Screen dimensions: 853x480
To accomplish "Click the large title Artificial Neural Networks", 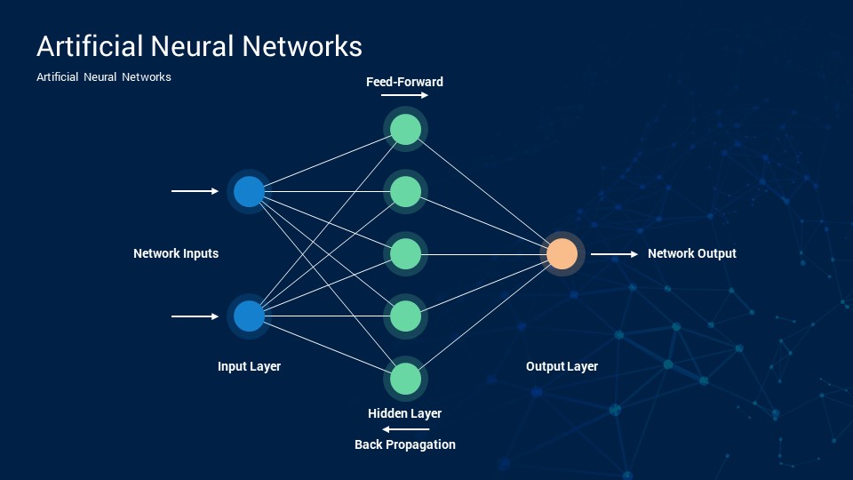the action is [199, 45].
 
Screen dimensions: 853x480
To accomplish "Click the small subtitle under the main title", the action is [104, 76].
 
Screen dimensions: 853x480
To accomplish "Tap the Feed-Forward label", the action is [405, 82].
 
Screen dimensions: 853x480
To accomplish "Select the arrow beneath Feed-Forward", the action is [404, 95].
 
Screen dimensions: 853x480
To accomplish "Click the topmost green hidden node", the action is [405, 130].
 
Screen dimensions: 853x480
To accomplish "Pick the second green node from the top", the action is [405, 192].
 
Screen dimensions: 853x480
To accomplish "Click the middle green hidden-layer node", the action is [405, 254].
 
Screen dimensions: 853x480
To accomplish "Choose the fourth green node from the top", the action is [405, 316].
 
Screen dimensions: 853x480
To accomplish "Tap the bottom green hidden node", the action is [405, 379].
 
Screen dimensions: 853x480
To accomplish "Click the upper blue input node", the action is [249, 192].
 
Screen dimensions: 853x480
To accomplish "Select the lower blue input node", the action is [249, 316].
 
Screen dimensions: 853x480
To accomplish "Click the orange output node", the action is [562, 254].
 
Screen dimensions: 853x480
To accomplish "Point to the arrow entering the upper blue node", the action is [195, 191].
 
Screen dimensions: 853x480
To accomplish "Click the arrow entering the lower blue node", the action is [195, 316].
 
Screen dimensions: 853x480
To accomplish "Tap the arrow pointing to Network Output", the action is [614, 254].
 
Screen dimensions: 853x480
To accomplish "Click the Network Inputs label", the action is [176, 253].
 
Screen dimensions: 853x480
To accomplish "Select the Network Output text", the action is [692, 253].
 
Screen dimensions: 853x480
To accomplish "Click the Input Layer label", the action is [249, 366].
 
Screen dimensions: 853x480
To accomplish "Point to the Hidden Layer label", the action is [405, 413].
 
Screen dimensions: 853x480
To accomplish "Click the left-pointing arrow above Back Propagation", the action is [405, 429].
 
